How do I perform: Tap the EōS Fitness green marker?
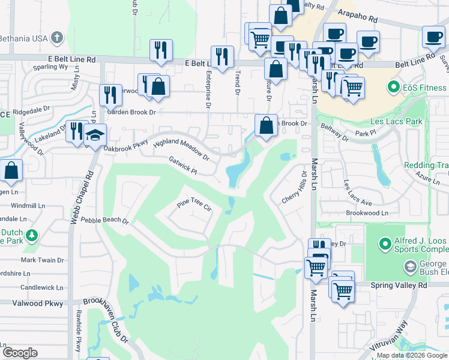pos(394,88)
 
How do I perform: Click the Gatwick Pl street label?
pos(183,166)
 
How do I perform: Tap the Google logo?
pos(20,353)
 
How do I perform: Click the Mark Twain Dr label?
pos(43,260)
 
